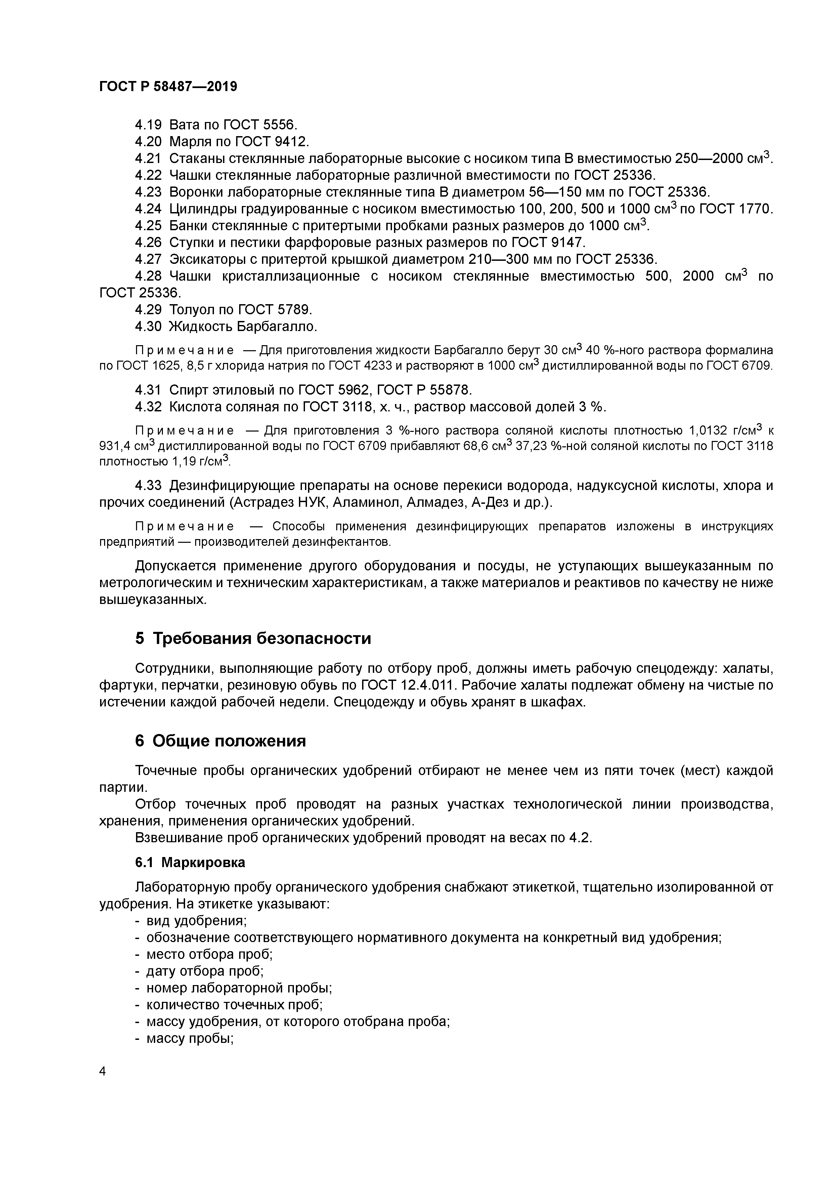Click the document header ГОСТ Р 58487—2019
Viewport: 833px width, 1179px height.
pos(168,87)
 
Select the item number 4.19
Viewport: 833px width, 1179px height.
pos(148,125)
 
